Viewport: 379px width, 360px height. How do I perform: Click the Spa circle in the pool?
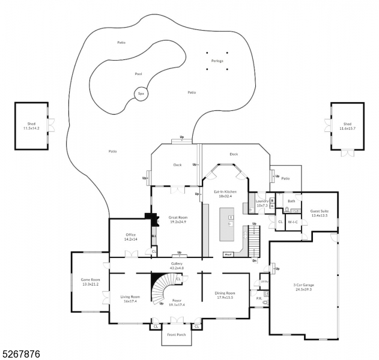[141, 94]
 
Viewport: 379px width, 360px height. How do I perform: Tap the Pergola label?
[217, 61]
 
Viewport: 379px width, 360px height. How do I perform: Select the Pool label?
[138, 74]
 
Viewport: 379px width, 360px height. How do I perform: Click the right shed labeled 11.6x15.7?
[347, 126]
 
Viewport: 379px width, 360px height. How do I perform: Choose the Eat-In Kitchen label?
[225, 192]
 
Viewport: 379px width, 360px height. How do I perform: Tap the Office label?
[131, 235]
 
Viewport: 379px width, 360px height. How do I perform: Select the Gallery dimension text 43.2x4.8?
[177, 268]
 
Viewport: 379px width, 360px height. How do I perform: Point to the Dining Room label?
[225, 293]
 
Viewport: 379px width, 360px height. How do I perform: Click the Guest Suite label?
[319, 211]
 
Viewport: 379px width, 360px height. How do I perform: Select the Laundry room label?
[261, 202]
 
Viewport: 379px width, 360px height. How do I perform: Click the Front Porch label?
[177, 334]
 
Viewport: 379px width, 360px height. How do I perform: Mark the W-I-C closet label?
[293, 221]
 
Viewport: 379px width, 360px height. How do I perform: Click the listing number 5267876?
[21, 355]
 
